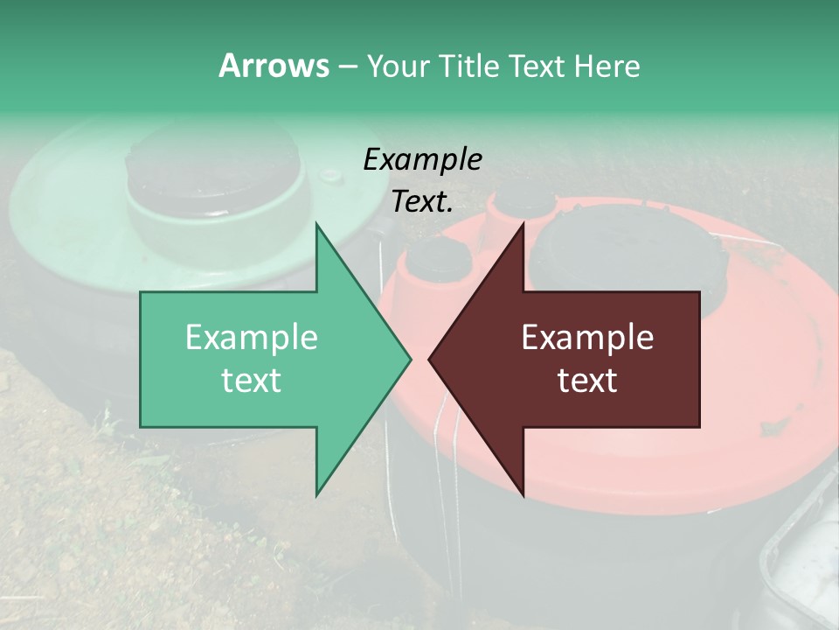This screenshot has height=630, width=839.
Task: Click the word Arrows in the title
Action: [x=274, y=66]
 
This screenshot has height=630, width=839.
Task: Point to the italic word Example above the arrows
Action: [x=422, y=160]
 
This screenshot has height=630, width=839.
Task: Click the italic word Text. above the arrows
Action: [x=422, y=202]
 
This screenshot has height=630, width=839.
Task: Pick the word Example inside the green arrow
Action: [x=252, y=338]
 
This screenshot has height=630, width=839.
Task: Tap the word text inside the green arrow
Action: [x=252, y=381]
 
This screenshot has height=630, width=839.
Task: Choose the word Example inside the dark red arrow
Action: [x=587, y=338]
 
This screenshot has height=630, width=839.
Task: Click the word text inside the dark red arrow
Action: [x=587, y=381]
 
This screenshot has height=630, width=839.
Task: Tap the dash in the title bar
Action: [x=347, y=66]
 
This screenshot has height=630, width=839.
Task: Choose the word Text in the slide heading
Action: [x=537, y=66]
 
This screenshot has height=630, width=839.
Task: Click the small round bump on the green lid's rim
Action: [x=331, y=175]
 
